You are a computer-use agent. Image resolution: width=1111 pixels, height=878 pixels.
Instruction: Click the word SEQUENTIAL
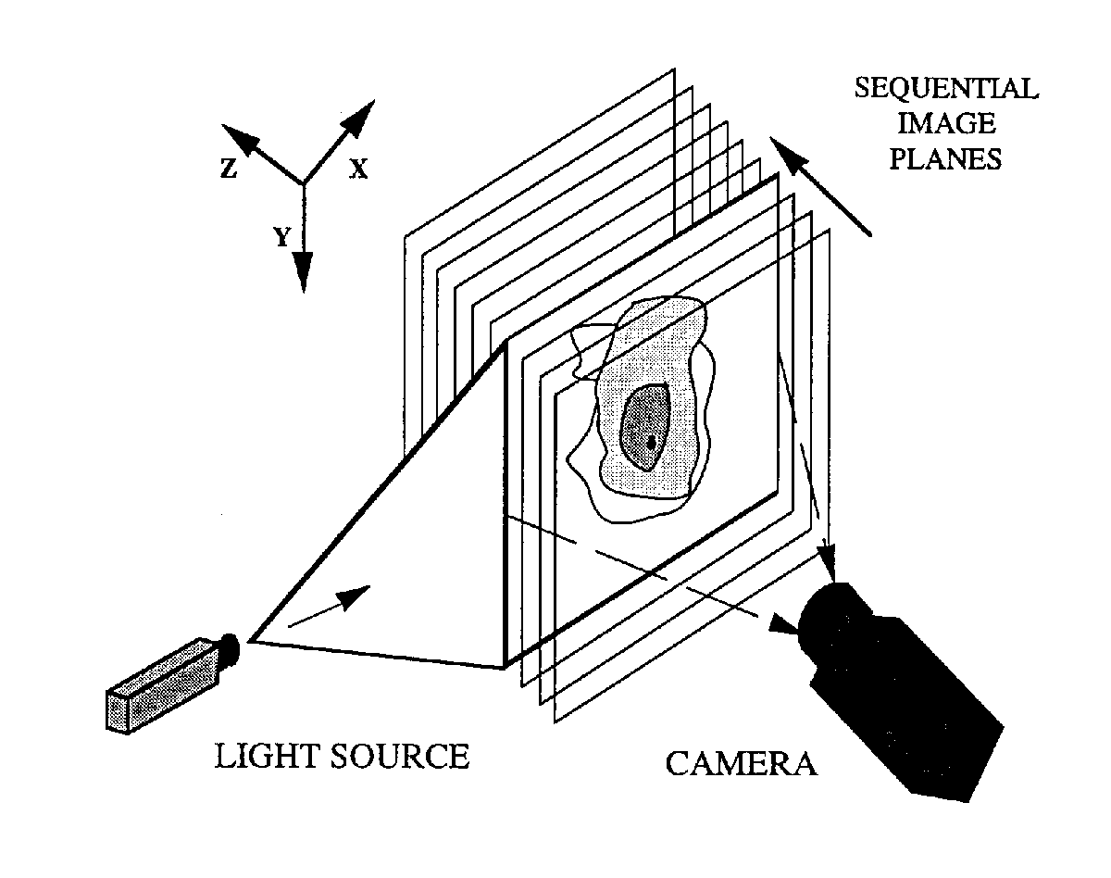(946, 88)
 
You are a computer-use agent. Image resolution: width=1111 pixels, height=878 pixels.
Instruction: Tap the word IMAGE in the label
(946, 123)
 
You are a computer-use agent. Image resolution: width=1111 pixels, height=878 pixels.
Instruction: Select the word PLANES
(945, 158)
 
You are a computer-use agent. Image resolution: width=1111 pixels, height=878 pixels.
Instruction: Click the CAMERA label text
(742, 764)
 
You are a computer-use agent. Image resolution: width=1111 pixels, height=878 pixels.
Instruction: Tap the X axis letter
(358, 169)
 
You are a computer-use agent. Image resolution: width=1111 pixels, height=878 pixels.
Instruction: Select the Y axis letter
(282, 237)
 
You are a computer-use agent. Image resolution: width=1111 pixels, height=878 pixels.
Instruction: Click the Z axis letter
(228, 168)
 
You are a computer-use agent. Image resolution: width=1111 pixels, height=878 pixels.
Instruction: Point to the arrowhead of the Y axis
(304, 272)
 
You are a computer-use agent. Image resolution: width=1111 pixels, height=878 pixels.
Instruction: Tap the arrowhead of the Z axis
(239, 138)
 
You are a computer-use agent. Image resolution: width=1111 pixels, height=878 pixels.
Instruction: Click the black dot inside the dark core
(651, 442)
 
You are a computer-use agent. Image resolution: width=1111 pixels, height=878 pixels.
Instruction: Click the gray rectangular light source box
(164, 685)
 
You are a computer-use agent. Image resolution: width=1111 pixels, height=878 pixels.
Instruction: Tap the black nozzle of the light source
(230, 649)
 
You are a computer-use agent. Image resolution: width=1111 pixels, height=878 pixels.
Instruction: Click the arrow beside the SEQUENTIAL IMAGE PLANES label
(820, 186)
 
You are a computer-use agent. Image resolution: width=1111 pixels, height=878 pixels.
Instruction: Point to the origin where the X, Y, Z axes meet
(303, 183)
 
